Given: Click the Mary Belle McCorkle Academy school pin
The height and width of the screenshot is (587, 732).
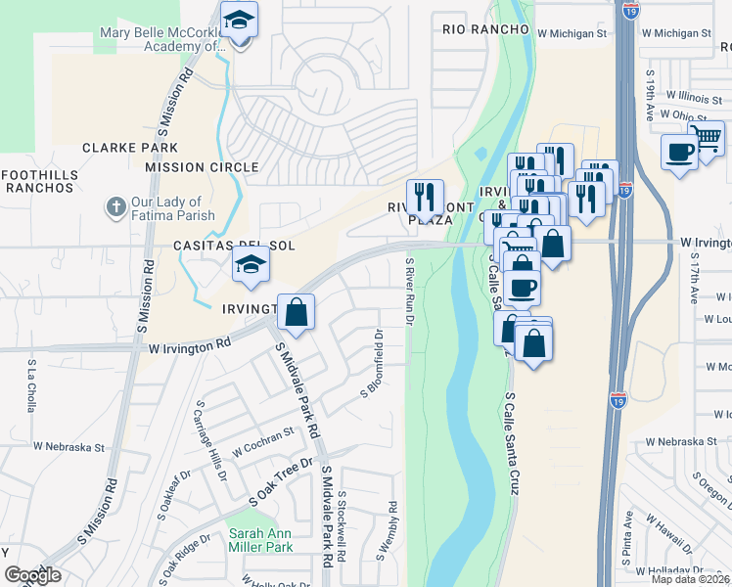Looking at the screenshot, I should click(238, 22).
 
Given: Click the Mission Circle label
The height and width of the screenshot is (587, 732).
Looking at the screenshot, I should click(202, 167).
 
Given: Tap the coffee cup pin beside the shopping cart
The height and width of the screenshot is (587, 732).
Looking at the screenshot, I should click(679, 152).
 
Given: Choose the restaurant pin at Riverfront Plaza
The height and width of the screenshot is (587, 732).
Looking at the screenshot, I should click(425, 197).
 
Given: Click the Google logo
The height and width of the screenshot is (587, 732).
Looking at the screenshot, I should click(32, 575).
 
